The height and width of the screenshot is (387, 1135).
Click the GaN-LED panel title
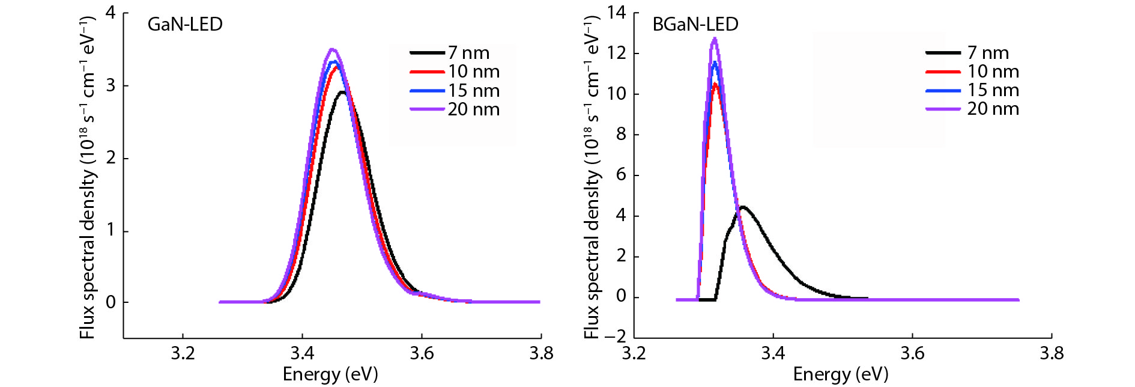pos(185,25)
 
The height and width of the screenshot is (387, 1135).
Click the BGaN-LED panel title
pos(695,25)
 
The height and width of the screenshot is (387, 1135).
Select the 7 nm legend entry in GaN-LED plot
pos(468,53)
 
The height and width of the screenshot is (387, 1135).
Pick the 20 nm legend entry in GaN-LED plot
pos(473,109)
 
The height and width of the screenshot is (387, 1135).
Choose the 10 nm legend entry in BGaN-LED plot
pos(993,72)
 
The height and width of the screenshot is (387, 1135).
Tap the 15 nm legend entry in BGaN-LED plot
pos(993,90)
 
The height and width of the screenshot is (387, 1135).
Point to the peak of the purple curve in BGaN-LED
pos(714,39)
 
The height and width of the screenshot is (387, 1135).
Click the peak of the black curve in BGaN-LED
pos(743,207)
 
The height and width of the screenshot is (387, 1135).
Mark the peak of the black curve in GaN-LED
pos(342,92)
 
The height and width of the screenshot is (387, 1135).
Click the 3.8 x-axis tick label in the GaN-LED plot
pos(541,353)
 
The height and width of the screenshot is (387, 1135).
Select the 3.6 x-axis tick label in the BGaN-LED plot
pos(912,353)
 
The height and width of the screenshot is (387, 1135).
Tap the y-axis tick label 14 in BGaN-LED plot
pos(616,13)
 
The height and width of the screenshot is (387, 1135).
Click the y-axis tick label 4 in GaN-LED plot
pos(110,13)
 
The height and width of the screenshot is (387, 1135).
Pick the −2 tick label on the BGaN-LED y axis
pos(614,337)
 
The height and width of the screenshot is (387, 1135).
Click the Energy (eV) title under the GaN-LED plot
pos(330,374)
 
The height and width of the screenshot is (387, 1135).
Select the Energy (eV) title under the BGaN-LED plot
pos(840,374)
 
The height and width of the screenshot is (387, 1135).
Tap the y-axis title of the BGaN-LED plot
pos(592,177)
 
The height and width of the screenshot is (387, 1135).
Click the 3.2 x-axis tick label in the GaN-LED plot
pos(183,353)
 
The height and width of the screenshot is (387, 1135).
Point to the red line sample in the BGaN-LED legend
pos(943,72)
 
